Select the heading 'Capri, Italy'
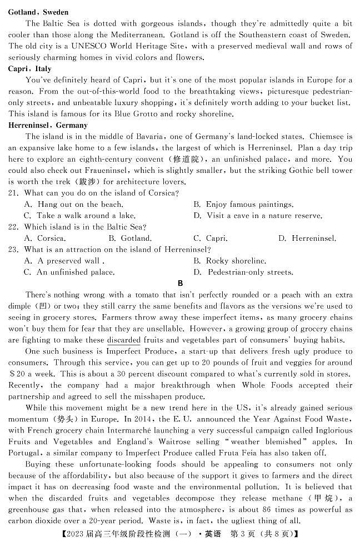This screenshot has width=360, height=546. pyautogui.click(x=30, y=69)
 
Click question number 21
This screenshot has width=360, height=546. pyautogui.click(x=14, y=193)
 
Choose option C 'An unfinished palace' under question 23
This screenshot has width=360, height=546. pyautogui.click(x=69, y=272)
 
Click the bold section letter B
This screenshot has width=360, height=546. pyautogui.click(x=180, y=284)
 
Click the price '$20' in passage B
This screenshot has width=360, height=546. pyautogui.click(x=17, y=374)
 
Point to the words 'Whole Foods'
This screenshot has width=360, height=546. pyautogui.click(x=263, y=385)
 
